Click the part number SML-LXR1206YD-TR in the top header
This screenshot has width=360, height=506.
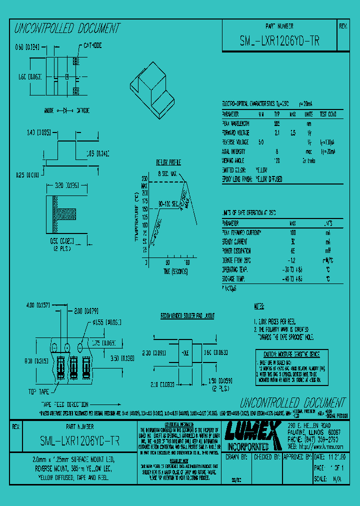click(x=279, y=42)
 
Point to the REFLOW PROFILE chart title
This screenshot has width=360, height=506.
click(x=168, y=163)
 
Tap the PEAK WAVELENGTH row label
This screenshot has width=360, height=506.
click(x=237, y=123)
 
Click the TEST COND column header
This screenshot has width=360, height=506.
click(x=328, y=113)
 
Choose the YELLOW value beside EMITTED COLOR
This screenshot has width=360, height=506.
click(x=261, y=169)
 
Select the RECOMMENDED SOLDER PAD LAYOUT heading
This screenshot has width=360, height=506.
click(x=187, y=316)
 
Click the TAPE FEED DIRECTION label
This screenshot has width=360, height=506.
click(x=64, y=404)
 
